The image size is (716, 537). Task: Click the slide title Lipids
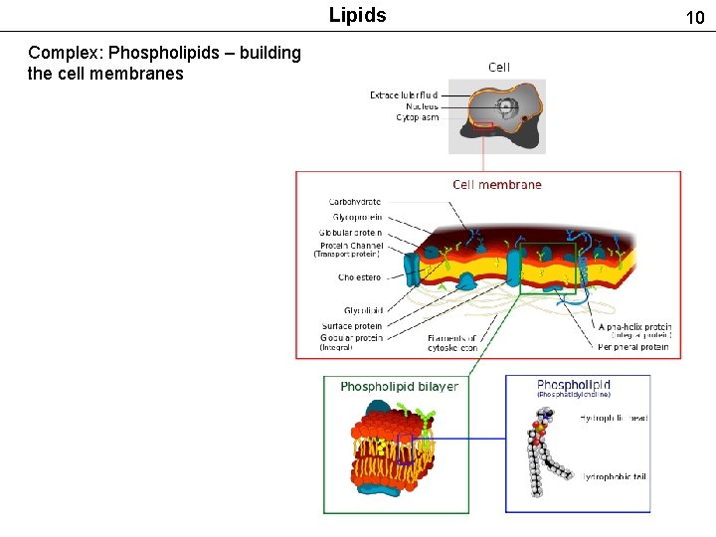(x=357, y=15)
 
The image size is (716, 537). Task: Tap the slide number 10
(x=694, y=17)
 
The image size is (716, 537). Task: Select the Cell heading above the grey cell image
(x=499, y=67)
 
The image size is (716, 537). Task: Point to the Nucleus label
(x=422, y=106)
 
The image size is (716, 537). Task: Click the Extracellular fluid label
(x=404, y=95)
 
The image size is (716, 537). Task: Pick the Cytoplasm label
(x=417, y=117)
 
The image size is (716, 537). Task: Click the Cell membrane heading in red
(x=497, y=184)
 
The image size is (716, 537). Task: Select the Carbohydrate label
(x=355, y=202)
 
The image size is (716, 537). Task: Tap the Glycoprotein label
(x=357, y=217)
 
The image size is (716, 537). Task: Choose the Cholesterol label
(x=359, y=277)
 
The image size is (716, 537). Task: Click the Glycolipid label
(x=363, y=310)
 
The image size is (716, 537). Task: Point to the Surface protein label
(x=351, y=326)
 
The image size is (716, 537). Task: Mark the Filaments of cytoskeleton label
(x=452, y=343)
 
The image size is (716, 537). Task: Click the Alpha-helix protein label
(x=634, y=326)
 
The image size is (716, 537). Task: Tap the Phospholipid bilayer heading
(x=399, y=386)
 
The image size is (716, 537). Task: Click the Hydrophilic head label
(x=614, y=418)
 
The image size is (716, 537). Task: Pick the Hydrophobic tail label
(x=614, y=477)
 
